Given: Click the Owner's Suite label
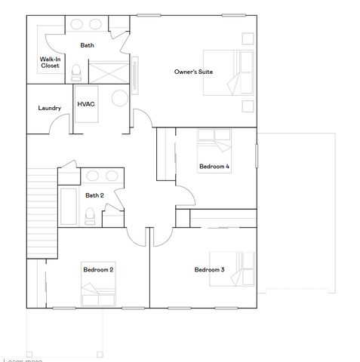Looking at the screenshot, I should [x=193, y=72].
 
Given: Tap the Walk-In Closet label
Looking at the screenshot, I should [x=51, y=62].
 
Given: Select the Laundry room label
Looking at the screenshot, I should [x=50, y=108].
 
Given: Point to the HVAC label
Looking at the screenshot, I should [x=85, y=103].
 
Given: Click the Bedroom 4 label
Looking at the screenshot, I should [x=214, y=166].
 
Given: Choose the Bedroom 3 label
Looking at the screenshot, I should [x=209, y=269].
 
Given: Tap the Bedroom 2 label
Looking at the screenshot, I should [x=98, y=269].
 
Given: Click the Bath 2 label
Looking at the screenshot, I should [x=94, y=195].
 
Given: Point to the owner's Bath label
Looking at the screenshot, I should [x=88, y=45].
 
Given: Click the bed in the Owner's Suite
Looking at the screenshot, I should [x=229, y=73].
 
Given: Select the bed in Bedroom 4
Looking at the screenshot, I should [x=215, y=142].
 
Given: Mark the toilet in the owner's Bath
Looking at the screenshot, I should [x=76, y=72].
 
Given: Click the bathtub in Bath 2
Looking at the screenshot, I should [x=68, y=206].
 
